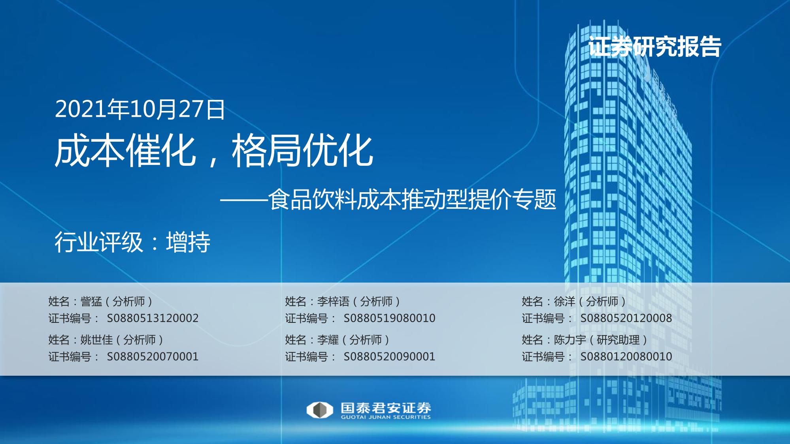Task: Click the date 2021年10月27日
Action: [x=140, y=109]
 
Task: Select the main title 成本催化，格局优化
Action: [x=214, y=150]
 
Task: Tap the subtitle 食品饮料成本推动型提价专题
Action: [x=412, y=199]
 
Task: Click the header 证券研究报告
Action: [x=654, y=47]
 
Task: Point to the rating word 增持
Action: [x=188, y=242]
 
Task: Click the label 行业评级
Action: [x=99, y=242]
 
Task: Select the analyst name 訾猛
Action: [x=91, y=302]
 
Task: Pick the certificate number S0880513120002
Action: [x=153, y=318]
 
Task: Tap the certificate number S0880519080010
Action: [x=389, y=318]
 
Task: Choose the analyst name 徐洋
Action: [x=564, y=302]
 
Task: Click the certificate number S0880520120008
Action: [x=626, y=318]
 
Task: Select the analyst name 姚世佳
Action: [x=96, y=340]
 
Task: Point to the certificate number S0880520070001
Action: [x=153, y=356]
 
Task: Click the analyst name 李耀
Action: [x=328, y=340]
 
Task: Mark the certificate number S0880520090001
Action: [x=389, y=356]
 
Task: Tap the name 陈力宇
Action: [x=570, y=340]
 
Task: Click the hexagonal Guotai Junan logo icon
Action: [x=320, y=410]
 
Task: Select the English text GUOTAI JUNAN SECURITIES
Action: [x=386, y=417]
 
